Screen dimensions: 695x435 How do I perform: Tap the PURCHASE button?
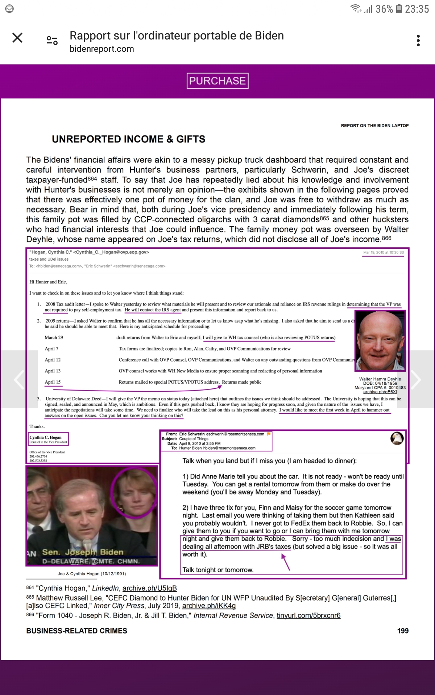(217, 81)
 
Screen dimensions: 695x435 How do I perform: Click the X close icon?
(17, 38)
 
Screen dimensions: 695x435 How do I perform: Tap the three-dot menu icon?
(418, 41)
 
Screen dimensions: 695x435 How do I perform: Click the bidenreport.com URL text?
(102, 49)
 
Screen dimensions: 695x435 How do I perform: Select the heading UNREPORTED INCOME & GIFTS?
(128, 139)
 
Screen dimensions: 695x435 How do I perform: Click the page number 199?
(403, 631)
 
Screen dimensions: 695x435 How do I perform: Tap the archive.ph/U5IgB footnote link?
(149, 589)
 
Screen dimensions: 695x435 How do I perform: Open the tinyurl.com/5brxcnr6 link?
(308, 616)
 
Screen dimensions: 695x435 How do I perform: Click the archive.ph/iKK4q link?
(209, 606)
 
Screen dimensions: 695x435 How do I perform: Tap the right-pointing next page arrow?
(416, 379)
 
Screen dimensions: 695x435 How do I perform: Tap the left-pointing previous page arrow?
(19, 379)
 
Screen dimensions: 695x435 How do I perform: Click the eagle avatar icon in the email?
(397, 438)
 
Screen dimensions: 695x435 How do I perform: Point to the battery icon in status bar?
(399, 9)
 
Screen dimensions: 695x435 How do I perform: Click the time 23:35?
(417, 9)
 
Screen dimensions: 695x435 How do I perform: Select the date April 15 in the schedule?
(53, 382)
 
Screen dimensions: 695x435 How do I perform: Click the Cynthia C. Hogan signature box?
(48, 439)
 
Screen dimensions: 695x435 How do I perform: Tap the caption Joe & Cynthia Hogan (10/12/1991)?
(92, 574)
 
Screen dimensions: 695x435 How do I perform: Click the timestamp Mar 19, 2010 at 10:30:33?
(384, 252)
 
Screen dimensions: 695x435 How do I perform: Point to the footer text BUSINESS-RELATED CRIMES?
(76, 631)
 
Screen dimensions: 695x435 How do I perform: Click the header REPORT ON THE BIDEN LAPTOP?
(374, 126)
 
